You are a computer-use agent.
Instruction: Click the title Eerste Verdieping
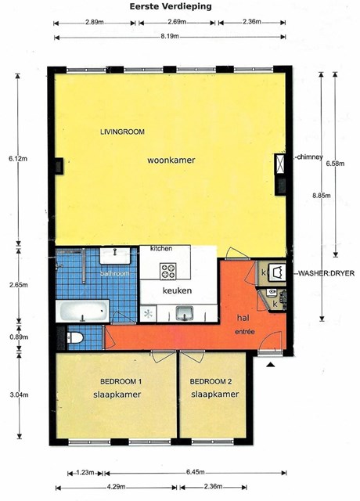click(171, 6)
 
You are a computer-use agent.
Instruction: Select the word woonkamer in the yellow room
click(171, 160)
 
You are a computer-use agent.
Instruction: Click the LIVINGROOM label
click(122, 132)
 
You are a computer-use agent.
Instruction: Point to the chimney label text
click(310, 157)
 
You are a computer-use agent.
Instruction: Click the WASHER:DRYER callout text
click(326, 273)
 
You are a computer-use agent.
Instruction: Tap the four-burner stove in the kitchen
click(168, 271)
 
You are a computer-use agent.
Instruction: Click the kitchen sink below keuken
click(185, 312)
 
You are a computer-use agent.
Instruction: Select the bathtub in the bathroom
click(83, 311)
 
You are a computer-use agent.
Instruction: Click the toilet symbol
click(75, 337)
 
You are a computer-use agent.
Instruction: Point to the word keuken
click(178, 290)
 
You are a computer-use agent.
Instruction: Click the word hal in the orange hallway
click(243, 318)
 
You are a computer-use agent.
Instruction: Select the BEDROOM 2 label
click(211, 381)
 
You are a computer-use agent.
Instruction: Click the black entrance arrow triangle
click(271, 365)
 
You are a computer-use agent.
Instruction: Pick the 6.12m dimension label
click(18, 158)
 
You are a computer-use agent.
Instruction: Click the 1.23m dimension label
click(85, 473)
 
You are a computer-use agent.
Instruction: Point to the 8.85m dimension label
click(322, 195)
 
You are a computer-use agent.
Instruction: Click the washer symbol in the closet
click(276, 272)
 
